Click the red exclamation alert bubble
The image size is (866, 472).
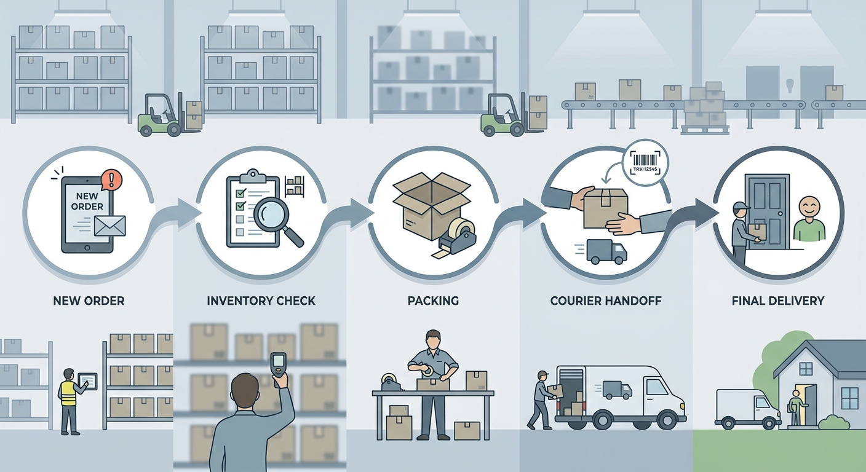[111, 179]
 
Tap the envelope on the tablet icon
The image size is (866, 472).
[110, 226]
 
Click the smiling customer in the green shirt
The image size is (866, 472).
[809, 219]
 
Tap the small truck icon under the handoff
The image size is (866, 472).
[606, 251]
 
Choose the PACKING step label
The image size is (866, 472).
[433, 301]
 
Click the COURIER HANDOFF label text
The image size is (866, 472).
[606, 301]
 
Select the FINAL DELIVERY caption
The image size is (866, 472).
[778, 301]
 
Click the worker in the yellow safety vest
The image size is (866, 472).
[71, 402]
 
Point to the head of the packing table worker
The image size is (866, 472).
[432, 339]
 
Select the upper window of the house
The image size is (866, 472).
[806, 369]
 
